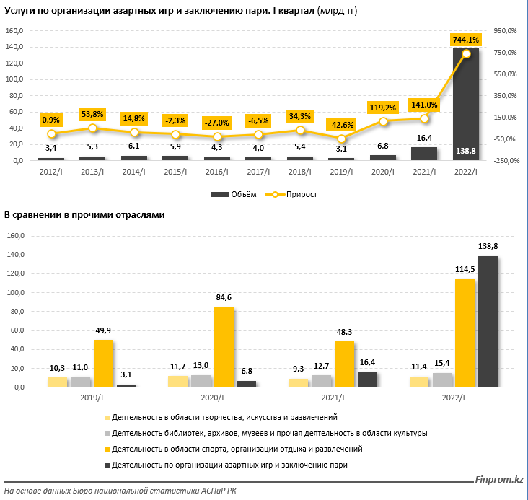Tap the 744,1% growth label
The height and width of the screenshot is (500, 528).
point(465,38)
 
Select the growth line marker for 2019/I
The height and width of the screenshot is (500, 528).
point(341,139)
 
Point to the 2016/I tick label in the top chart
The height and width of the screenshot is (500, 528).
point(216,172)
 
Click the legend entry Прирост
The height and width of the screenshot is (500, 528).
point(291,194)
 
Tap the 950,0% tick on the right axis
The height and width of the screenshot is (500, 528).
point(505,31)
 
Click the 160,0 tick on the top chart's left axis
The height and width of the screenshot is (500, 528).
point(14,31)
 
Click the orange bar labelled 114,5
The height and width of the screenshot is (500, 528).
point(465,333)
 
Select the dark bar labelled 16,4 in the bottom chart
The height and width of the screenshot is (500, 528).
point(366,379)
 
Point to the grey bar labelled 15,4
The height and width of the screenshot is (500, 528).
point(442,380)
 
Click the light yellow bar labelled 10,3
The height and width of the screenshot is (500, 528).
point(57,382)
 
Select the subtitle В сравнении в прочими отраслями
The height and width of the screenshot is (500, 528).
point(85,215)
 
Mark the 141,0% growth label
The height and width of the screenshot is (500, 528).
point(424,104)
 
